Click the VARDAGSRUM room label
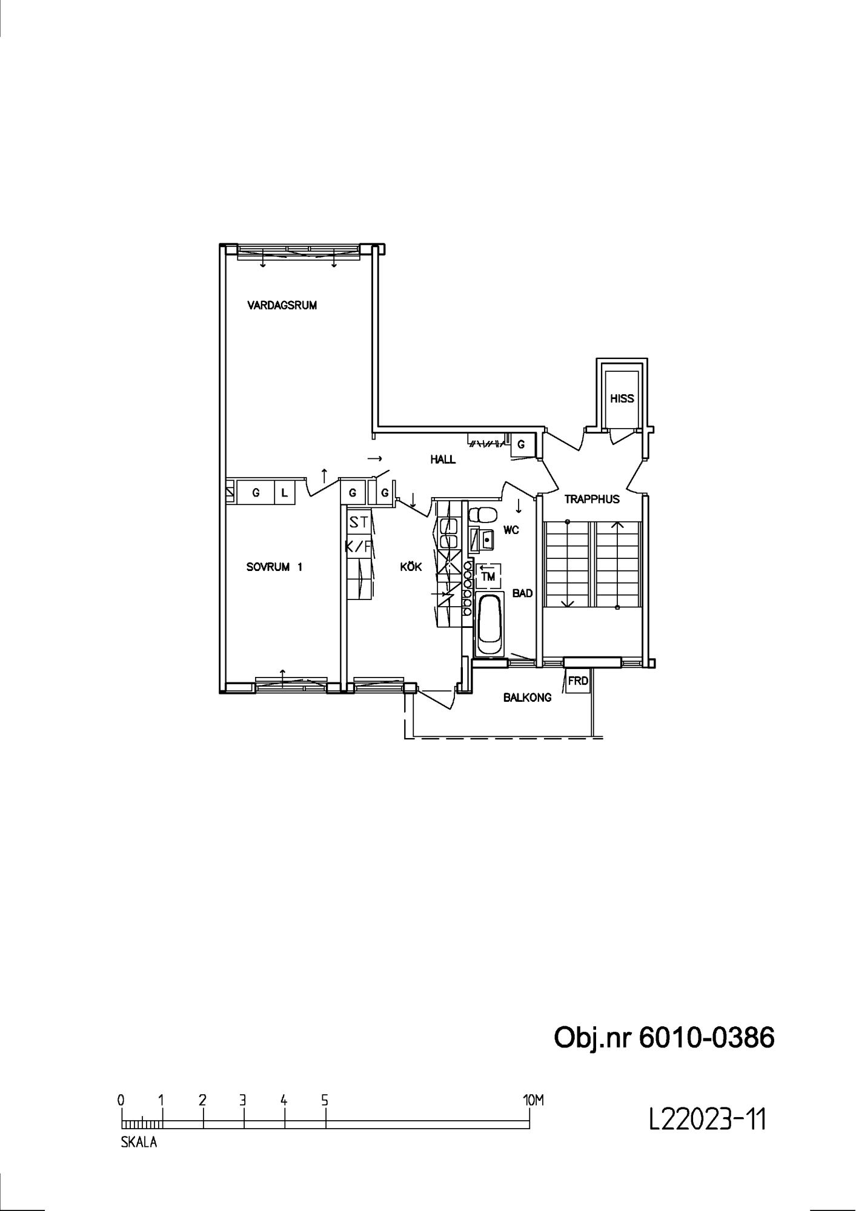[282, 305]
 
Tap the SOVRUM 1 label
[274, 567]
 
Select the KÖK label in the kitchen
[411, 567]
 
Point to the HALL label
[443, 460]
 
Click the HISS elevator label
[622, 398]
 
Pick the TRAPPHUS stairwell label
[592, 500]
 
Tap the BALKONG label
[527, 698]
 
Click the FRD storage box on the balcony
[577, 681]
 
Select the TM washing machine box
[488, 576]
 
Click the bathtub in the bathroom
[489, 624]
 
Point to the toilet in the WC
[483, 515]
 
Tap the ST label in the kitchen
[359, 522]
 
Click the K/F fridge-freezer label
[359, 547]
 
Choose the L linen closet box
[284, 493]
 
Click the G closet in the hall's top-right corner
[521, 445]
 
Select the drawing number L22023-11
[708, 1118]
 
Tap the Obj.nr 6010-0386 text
[664, 1038]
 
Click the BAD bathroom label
[522, 593]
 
